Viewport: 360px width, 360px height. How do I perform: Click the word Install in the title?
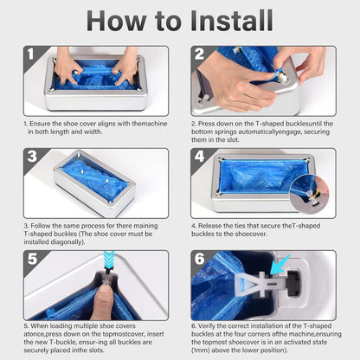232,21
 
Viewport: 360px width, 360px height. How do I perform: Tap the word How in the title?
116,21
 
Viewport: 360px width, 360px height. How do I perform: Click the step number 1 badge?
31,55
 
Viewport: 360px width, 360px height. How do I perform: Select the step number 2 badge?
199,55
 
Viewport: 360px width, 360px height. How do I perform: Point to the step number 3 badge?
32,157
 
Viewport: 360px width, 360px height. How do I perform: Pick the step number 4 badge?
200,157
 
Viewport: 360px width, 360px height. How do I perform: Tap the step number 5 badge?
32,259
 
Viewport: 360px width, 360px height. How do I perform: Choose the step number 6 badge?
200,259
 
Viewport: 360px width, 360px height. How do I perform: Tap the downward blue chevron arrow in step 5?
109,260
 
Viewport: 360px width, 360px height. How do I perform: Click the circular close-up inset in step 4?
309,195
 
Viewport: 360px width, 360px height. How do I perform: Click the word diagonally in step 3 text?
67,241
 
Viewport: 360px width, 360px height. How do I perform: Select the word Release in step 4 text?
209,226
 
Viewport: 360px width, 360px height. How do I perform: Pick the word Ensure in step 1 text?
40,124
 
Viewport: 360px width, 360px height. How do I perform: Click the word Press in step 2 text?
206,124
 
